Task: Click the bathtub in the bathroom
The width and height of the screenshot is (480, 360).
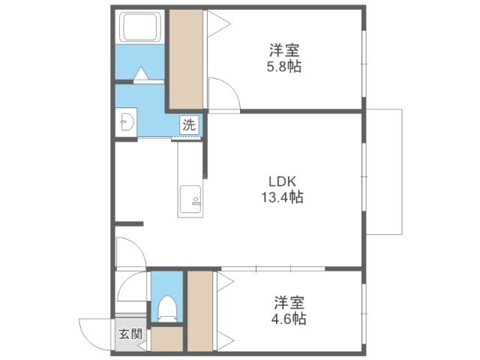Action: [141, 27]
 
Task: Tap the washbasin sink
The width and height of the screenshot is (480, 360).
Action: [127, 121]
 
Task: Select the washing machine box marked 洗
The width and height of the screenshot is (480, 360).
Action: [189, 124]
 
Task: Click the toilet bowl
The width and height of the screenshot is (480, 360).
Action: [166, 308]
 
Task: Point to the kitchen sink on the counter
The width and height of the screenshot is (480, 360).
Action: [190, 199]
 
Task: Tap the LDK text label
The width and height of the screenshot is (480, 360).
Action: [282, 181]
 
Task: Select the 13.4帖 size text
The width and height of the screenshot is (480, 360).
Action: [282, 197]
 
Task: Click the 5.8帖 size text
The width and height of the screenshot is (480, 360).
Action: [283, 67]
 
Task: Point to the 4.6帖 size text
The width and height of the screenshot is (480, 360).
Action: [289, 319]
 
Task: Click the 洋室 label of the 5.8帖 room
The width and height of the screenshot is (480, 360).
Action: [284, 50]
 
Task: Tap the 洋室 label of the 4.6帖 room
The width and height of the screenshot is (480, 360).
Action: [289, 302]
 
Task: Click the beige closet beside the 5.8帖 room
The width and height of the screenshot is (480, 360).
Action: [186, 59]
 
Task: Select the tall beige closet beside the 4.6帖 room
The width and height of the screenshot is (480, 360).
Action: [200, 311]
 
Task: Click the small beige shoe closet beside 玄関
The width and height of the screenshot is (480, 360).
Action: [166, 339]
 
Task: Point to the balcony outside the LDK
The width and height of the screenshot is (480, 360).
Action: [384, 172]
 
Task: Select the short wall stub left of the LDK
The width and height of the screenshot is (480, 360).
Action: [129, 223]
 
